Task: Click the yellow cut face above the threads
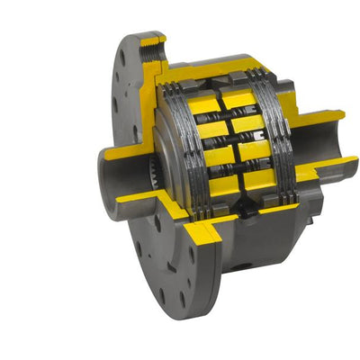[153, 40]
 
